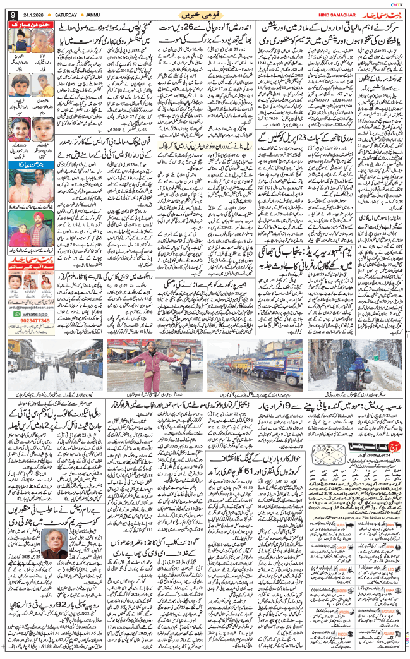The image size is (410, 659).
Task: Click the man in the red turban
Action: tap(44, 232)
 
